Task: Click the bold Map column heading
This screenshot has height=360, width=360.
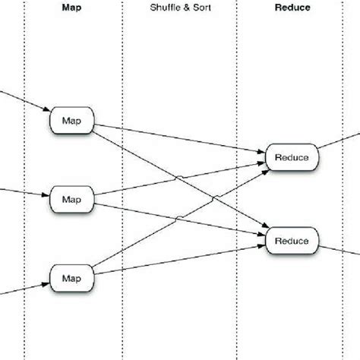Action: pos(73,8)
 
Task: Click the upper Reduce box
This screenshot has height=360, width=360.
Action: pos(292,157)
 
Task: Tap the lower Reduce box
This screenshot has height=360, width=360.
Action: pos(292,240)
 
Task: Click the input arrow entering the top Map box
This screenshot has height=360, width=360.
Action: pos(23,102)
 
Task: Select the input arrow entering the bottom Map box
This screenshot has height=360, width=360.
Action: pos(23,285)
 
